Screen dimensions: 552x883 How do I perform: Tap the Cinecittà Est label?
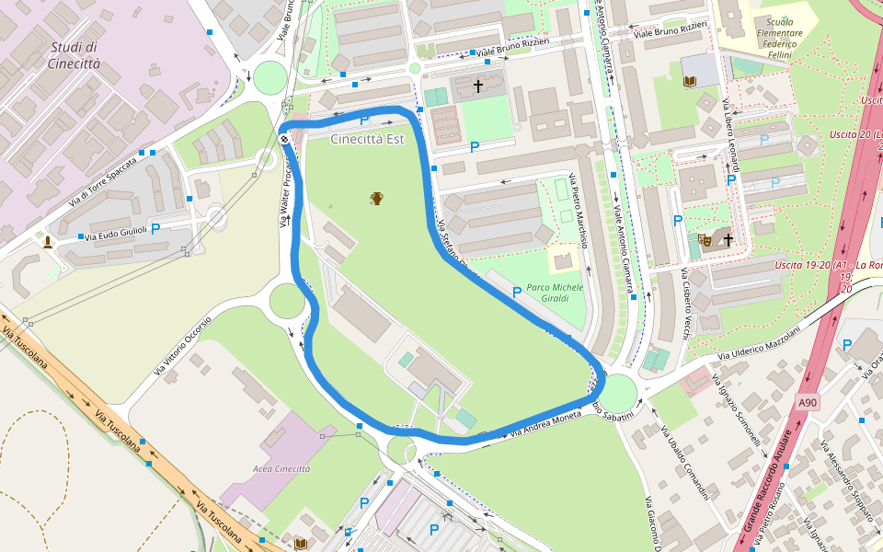(x=368, y=139)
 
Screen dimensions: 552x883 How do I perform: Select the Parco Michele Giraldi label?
(x=555, y=293)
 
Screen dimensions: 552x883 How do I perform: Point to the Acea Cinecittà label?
(x=281, y=468)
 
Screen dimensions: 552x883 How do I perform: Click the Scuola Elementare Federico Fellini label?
(x=779, y=39)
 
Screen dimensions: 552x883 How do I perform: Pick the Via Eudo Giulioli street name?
(x=114, y=235)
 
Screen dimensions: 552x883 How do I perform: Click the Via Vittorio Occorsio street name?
(x=182, y=346)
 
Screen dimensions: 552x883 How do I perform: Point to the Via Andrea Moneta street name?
(x=548, y=422)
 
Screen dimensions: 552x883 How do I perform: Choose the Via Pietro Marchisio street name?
(x=577, y=203)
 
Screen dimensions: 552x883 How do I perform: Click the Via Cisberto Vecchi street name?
(x=685, y=304)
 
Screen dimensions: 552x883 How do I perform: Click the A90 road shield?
(x=807, y=402)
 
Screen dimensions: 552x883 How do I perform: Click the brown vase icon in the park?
(x=377, y=198)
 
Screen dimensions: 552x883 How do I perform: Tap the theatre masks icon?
(x=706, y=240)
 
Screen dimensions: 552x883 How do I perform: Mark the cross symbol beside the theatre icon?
(x=728, y=240)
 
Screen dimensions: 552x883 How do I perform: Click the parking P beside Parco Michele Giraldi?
(x=517, y=292)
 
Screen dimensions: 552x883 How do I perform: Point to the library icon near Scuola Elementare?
(x=690, y=81)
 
